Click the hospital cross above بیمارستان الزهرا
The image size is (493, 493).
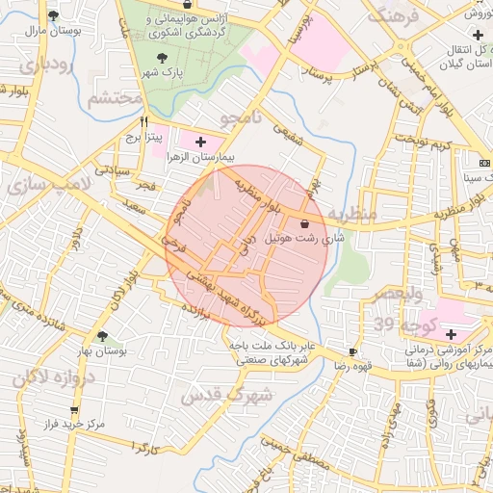click(x=200, y=142)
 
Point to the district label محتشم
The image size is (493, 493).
click(x=114, y=99)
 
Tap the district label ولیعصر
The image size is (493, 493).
click(x=395, y=291)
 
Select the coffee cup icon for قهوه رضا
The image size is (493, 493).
click(x=353, y=352)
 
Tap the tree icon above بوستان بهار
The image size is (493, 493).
click(x=101, y=336)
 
